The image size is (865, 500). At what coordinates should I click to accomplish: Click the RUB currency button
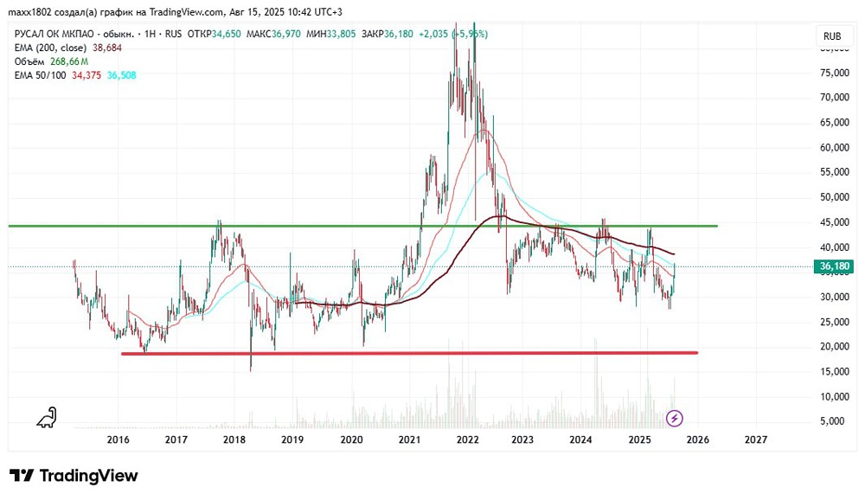(x=832, y=36)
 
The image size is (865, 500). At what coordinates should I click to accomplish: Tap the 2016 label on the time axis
(x=119, y=439)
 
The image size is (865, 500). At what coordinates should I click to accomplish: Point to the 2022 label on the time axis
(x=468, y=439)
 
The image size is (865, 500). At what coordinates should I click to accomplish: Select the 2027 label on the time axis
(x=756, y=439)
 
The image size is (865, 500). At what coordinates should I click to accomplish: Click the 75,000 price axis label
(x=834, y=74)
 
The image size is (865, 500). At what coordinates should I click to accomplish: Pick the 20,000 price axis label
(x=834, y=347)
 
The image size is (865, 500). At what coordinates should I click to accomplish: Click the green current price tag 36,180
(x=835, y=267)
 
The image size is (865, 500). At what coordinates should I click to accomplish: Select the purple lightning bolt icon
(x=676, y=419)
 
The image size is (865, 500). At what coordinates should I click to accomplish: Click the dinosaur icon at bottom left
(x=46, y=418)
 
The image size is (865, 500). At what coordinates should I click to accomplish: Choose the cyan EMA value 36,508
(x=121, y=76)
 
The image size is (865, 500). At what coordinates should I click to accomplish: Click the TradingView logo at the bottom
(x=74, y=476)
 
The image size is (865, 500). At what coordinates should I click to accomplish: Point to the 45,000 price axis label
(x=834, y=222)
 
